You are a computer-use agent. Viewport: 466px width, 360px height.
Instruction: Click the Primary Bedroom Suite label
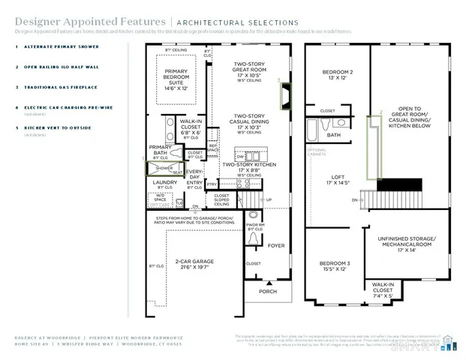tap(180, 78)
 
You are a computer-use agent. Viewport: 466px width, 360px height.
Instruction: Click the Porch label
tap(268, 292)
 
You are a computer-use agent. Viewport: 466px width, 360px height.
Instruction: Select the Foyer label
tap(277, 244)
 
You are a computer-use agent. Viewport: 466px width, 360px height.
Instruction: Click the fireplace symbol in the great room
tap(286, 94)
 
